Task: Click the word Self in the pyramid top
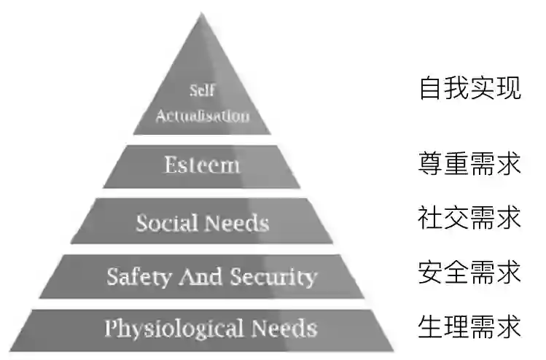[x=202, y=91]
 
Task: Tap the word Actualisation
[x=202, y=115]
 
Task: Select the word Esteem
[x=202, y=165]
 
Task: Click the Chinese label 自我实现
[x=470, y=88]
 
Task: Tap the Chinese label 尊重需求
[x=470, y=163]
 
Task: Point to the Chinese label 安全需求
[x=470, y=273]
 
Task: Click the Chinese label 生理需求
[x=470, y=326]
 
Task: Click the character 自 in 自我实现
[x=431, y=88]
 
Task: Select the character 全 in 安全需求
[x=457, y=273]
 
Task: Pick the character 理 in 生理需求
[x=457, y=326]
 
